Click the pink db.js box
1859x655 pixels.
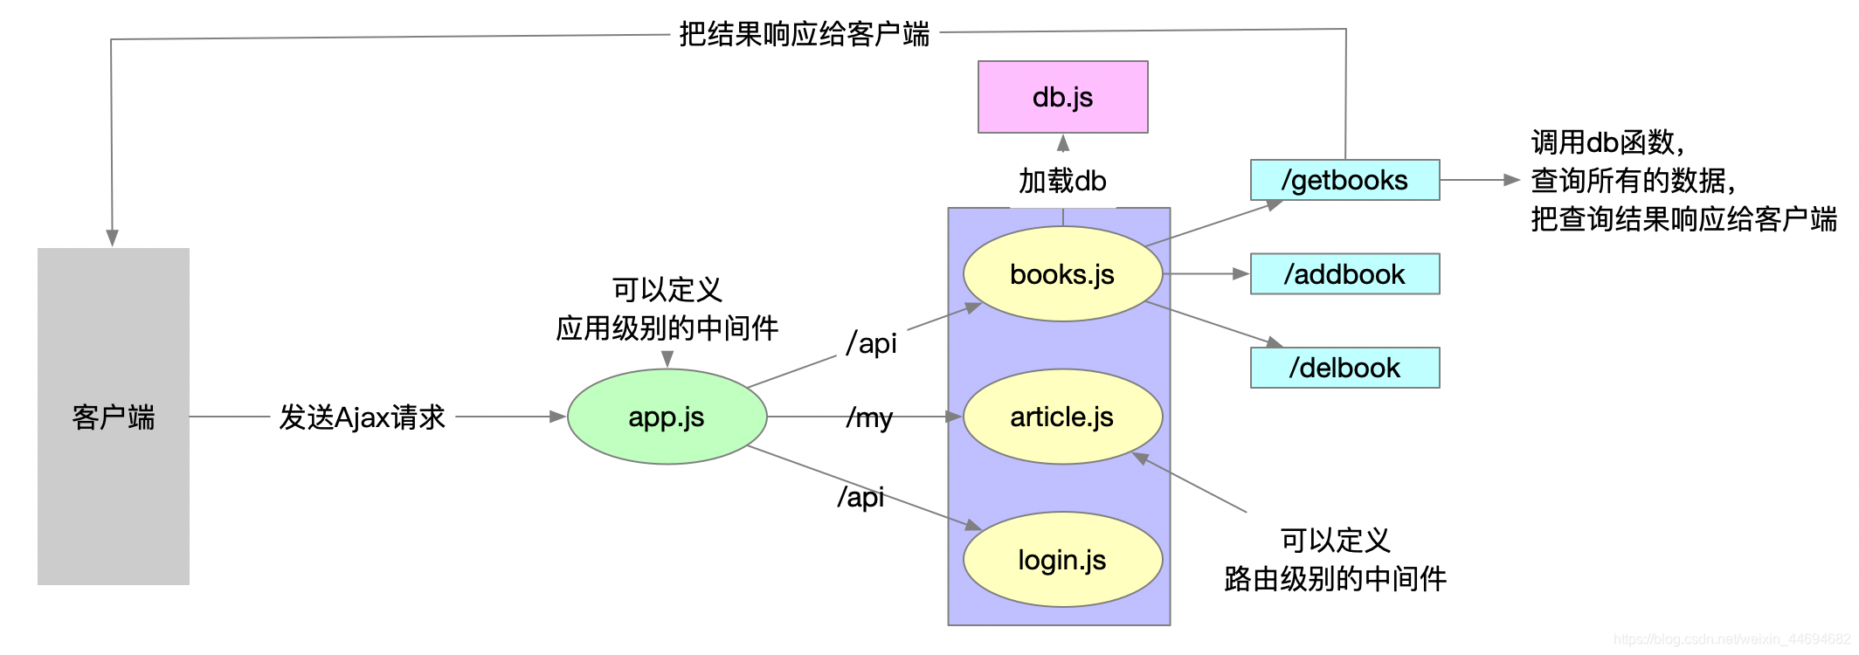(x=1062, y=97)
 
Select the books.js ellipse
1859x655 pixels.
(x=1062, y=274)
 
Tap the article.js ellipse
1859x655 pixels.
(x=1062, y=417)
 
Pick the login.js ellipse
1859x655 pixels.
(x=1062, y=559)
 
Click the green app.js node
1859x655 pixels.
(x=667, y=417)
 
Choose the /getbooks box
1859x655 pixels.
(x=1344, y=180)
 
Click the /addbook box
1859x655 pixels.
(x=1344, y=274)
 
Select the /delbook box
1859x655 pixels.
(x=1344, y=368)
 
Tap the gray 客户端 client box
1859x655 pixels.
(x=114, y=417)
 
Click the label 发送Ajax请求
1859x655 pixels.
(x=362, y=417)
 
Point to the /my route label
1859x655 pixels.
(x=869, y=418)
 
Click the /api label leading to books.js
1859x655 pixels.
(x=871, y=343)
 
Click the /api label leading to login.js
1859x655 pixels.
(x=860, y=497)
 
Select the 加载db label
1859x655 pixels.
(x=1062, y=181)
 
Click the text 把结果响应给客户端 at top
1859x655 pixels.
(x=804, y=34)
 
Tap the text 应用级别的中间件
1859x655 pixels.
(x=667, y=328)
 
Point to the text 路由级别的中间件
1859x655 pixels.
(x=1335, y=578)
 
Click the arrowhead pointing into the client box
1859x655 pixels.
(x=112, y=238)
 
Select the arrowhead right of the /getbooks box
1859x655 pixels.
(x=1511, y=180)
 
